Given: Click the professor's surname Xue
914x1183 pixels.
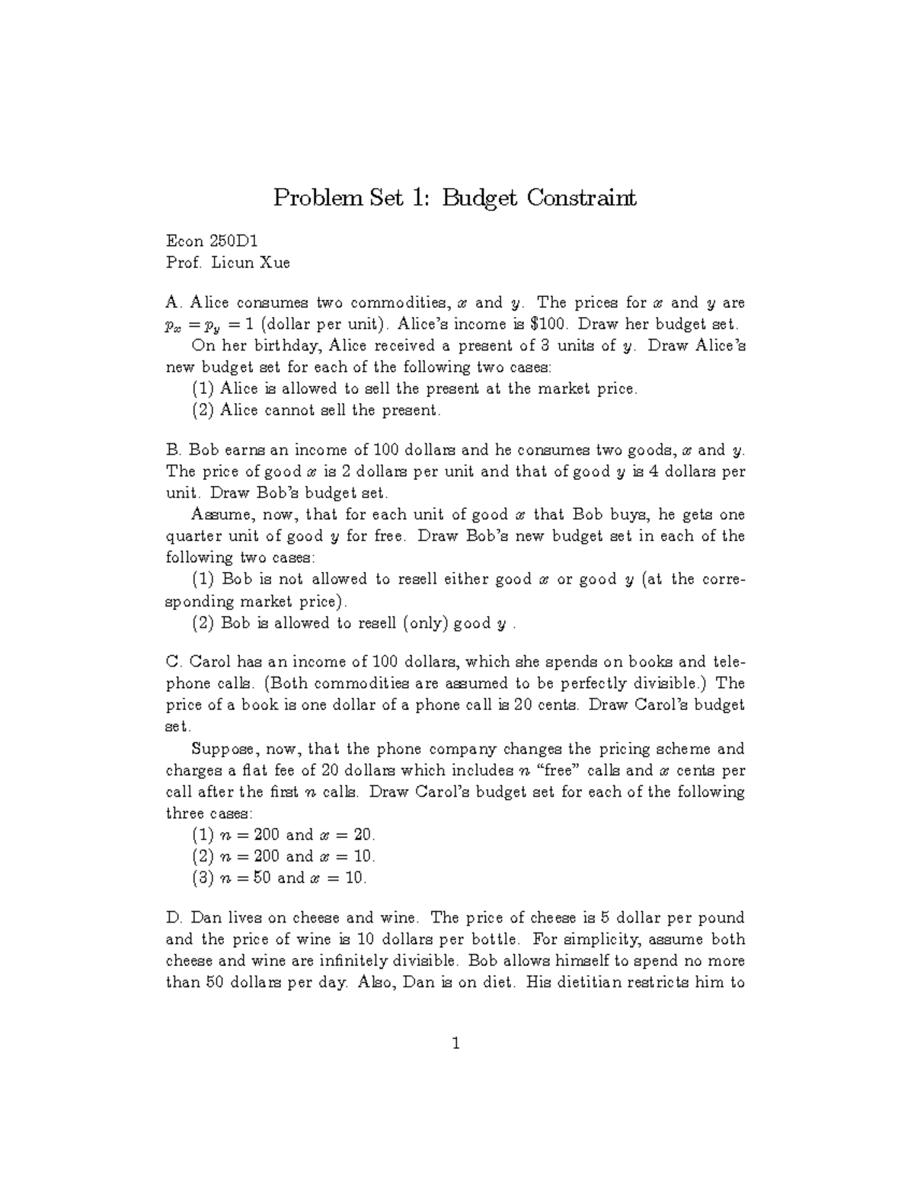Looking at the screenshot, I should tap(276, 264).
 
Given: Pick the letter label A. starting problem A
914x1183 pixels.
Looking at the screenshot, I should tap(173, 302).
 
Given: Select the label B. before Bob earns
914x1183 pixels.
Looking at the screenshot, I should tap(173, 450).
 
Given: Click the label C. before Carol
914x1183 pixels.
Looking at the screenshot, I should tap(173, 661).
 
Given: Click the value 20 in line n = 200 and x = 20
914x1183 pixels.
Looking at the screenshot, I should tap(363, 835).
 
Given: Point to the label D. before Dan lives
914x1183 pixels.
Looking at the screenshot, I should tap(174, 918).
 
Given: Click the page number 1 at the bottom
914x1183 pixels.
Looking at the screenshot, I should tap(455, 1044).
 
